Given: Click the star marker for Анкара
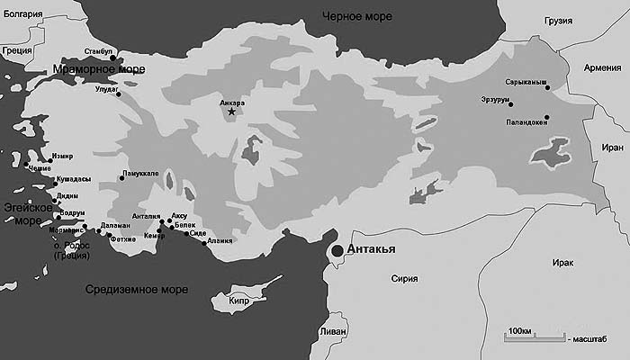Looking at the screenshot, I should [x=231, y=112].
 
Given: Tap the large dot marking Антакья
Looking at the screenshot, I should [x=337, y=251].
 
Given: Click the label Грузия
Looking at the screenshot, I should [x=558, y=21].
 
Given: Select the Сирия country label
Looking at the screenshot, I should [x=404, y=278].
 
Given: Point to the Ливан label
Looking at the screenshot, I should [x=331, y=332].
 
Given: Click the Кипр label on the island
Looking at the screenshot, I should [x=238, y=301].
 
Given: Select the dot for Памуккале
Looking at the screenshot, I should [x=122, y=178].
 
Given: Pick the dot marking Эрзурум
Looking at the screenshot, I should [x=510, y=104].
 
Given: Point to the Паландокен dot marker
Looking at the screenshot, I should [x=546, y=117].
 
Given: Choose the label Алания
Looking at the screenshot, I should [x=220, y=241].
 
